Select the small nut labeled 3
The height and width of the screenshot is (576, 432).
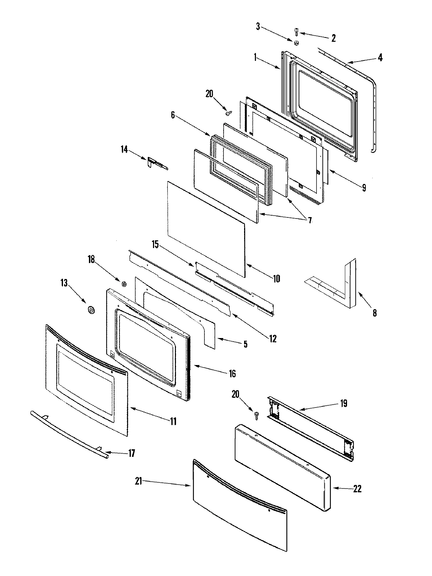297,43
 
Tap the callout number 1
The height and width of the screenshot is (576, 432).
255,58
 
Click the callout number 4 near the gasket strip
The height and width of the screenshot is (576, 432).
380,57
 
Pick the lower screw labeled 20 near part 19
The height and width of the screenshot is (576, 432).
257,415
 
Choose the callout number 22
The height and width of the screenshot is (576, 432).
357,489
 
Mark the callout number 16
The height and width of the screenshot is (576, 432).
232,374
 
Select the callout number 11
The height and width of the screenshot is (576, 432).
173,421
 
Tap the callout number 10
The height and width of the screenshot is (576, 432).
276,279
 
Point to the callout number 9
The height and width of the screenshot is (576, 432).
364,188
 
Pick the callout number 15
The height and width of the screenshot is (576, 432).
155,245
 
